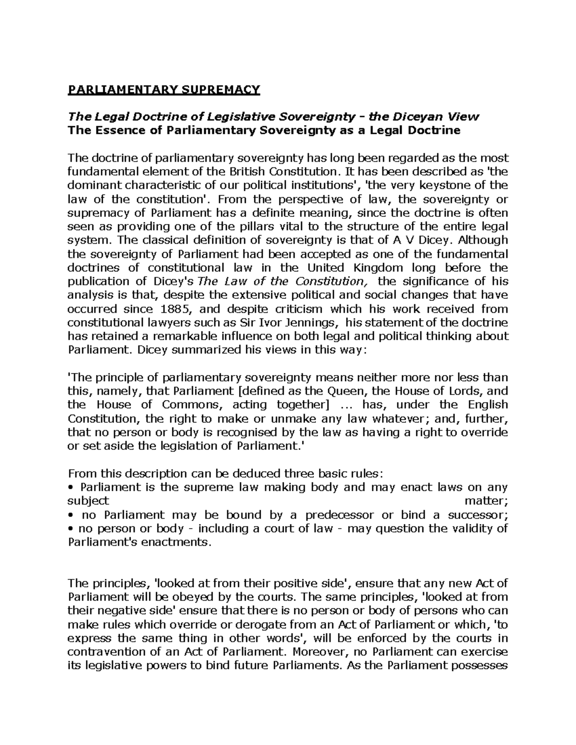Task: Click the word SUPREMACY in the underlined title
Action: (x=219, y=90)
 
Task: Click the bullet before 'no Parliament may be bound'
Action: (x=71, y=515)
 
